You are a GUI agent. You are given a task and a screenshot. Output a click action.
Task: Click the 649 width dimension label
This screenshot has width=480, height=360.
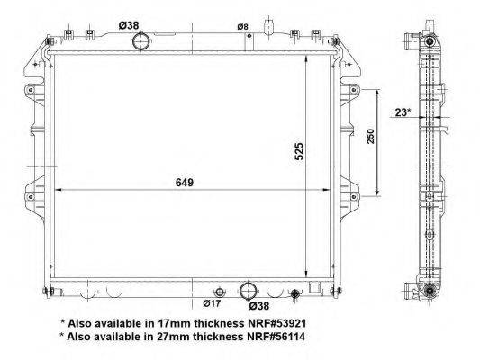(185, 183)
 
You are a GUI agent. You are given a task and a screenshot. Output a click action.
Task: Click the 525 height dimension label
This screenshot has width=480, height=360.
(299, 151)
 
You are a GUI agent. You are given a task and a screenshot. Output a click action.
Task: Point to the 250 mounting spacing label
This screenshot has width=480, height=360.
(370, 137)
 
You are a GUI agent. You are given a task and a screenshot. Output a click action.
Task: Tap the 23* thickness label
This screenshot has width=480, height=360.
(403, 112)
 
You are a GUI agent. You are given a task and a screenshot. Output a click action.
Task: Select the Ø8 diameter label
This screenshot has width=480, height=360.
(242, 27)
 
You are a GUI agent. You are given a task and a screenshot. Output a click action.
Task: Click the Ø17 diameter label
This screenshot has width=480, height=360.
(212, 303)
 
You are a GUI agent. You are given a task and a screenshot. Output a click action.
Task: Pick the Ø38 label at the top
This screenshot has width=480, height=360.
(129, 25)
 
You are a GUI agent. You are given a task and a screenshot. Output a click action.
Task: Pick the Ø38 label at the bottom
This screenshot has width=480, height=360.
(259, 306)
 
